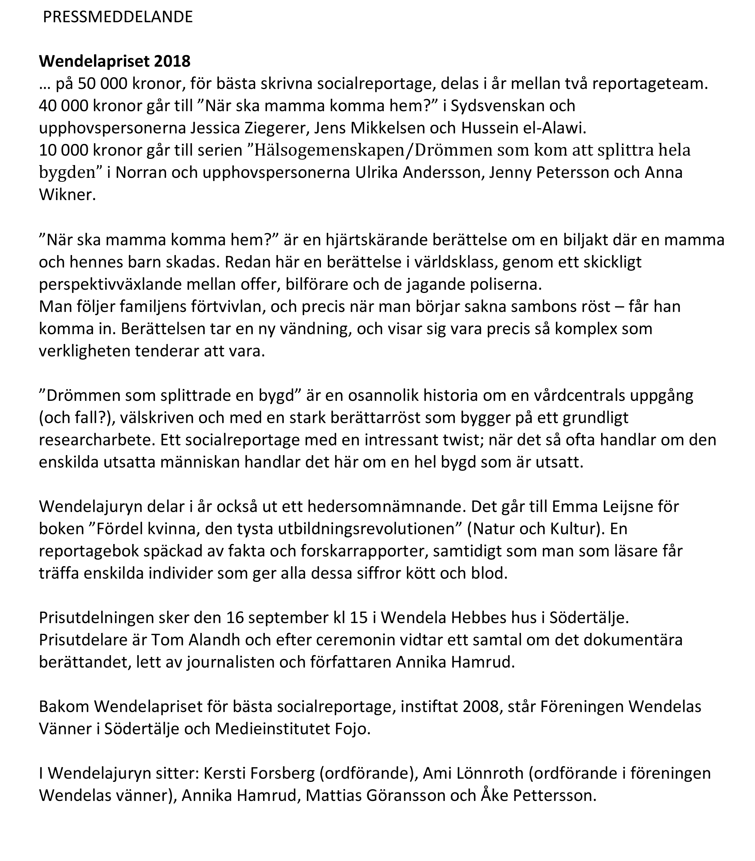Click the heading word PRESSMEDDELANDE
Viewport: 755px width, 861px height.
click(x=118, y=17)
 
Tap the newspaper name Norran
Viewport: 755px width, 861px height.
click(x=139, y=173)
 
